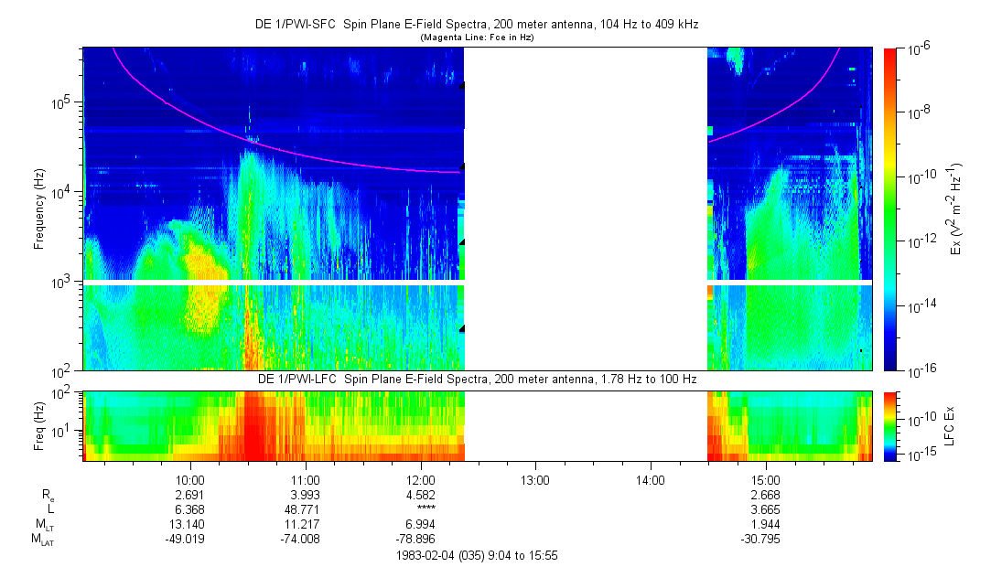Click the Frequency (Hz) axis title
39,209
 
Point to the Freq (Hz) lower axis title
39,426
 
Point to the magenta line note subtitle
477,37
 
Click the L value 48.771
305,509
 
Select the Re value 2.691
190,495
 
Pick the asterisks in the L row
420,509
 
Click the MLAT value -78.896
420,540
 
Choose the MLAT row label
42,540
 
